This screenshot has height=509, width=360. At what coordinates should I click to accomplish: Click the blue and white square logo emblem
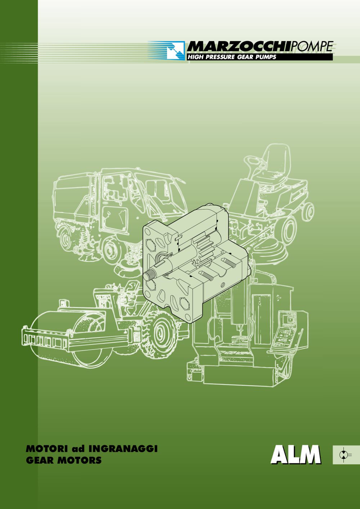click(x=176, y=50)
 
